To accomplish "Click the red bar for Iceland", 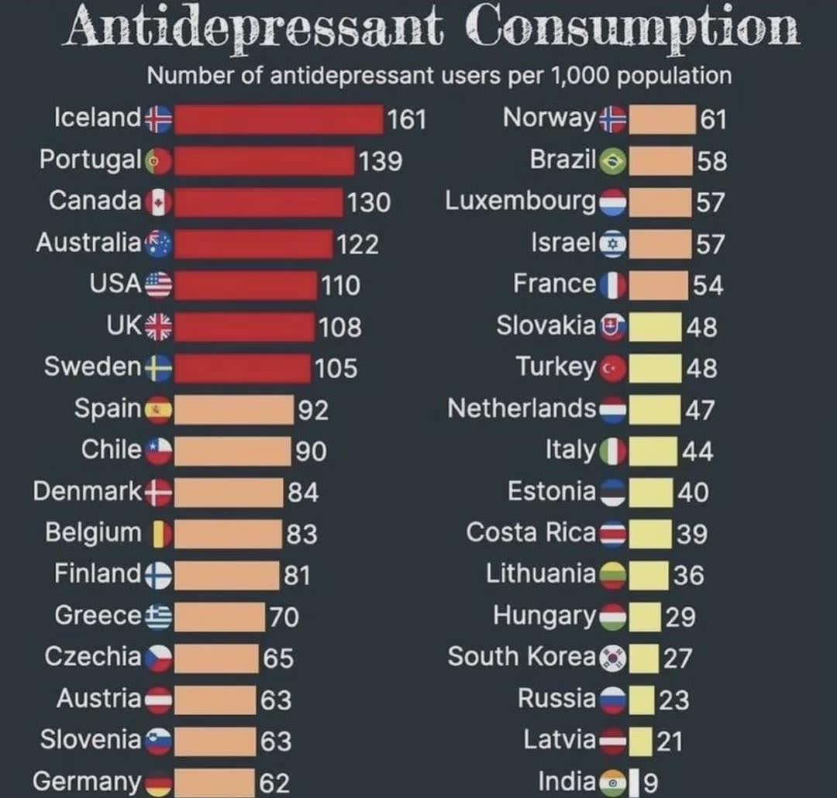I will point(279,119).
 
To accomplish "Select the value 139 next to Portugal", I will point(381,161).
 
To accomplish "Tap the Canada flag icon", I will point(159,202).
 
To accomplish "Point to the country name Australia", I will point(88,242).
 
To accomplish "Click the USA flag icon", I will point(159,285).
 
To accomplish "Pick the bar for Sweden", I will point(242,368).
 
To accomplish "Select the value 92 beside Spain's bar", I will point(313,410).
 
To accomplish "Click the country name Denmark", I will point(88,491).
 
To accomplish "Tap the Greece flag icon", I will point(159,617).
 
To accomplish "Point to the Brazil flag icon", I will point(613,161).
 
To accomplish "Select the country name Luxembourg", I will point(521,201).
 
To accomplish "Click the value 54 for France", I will point(708,285).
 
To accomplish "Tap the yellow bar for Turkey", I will point(655,368).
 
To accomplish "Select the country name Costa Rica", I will point(531,533).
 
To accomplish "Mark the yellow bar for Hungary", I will point(645,617).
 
